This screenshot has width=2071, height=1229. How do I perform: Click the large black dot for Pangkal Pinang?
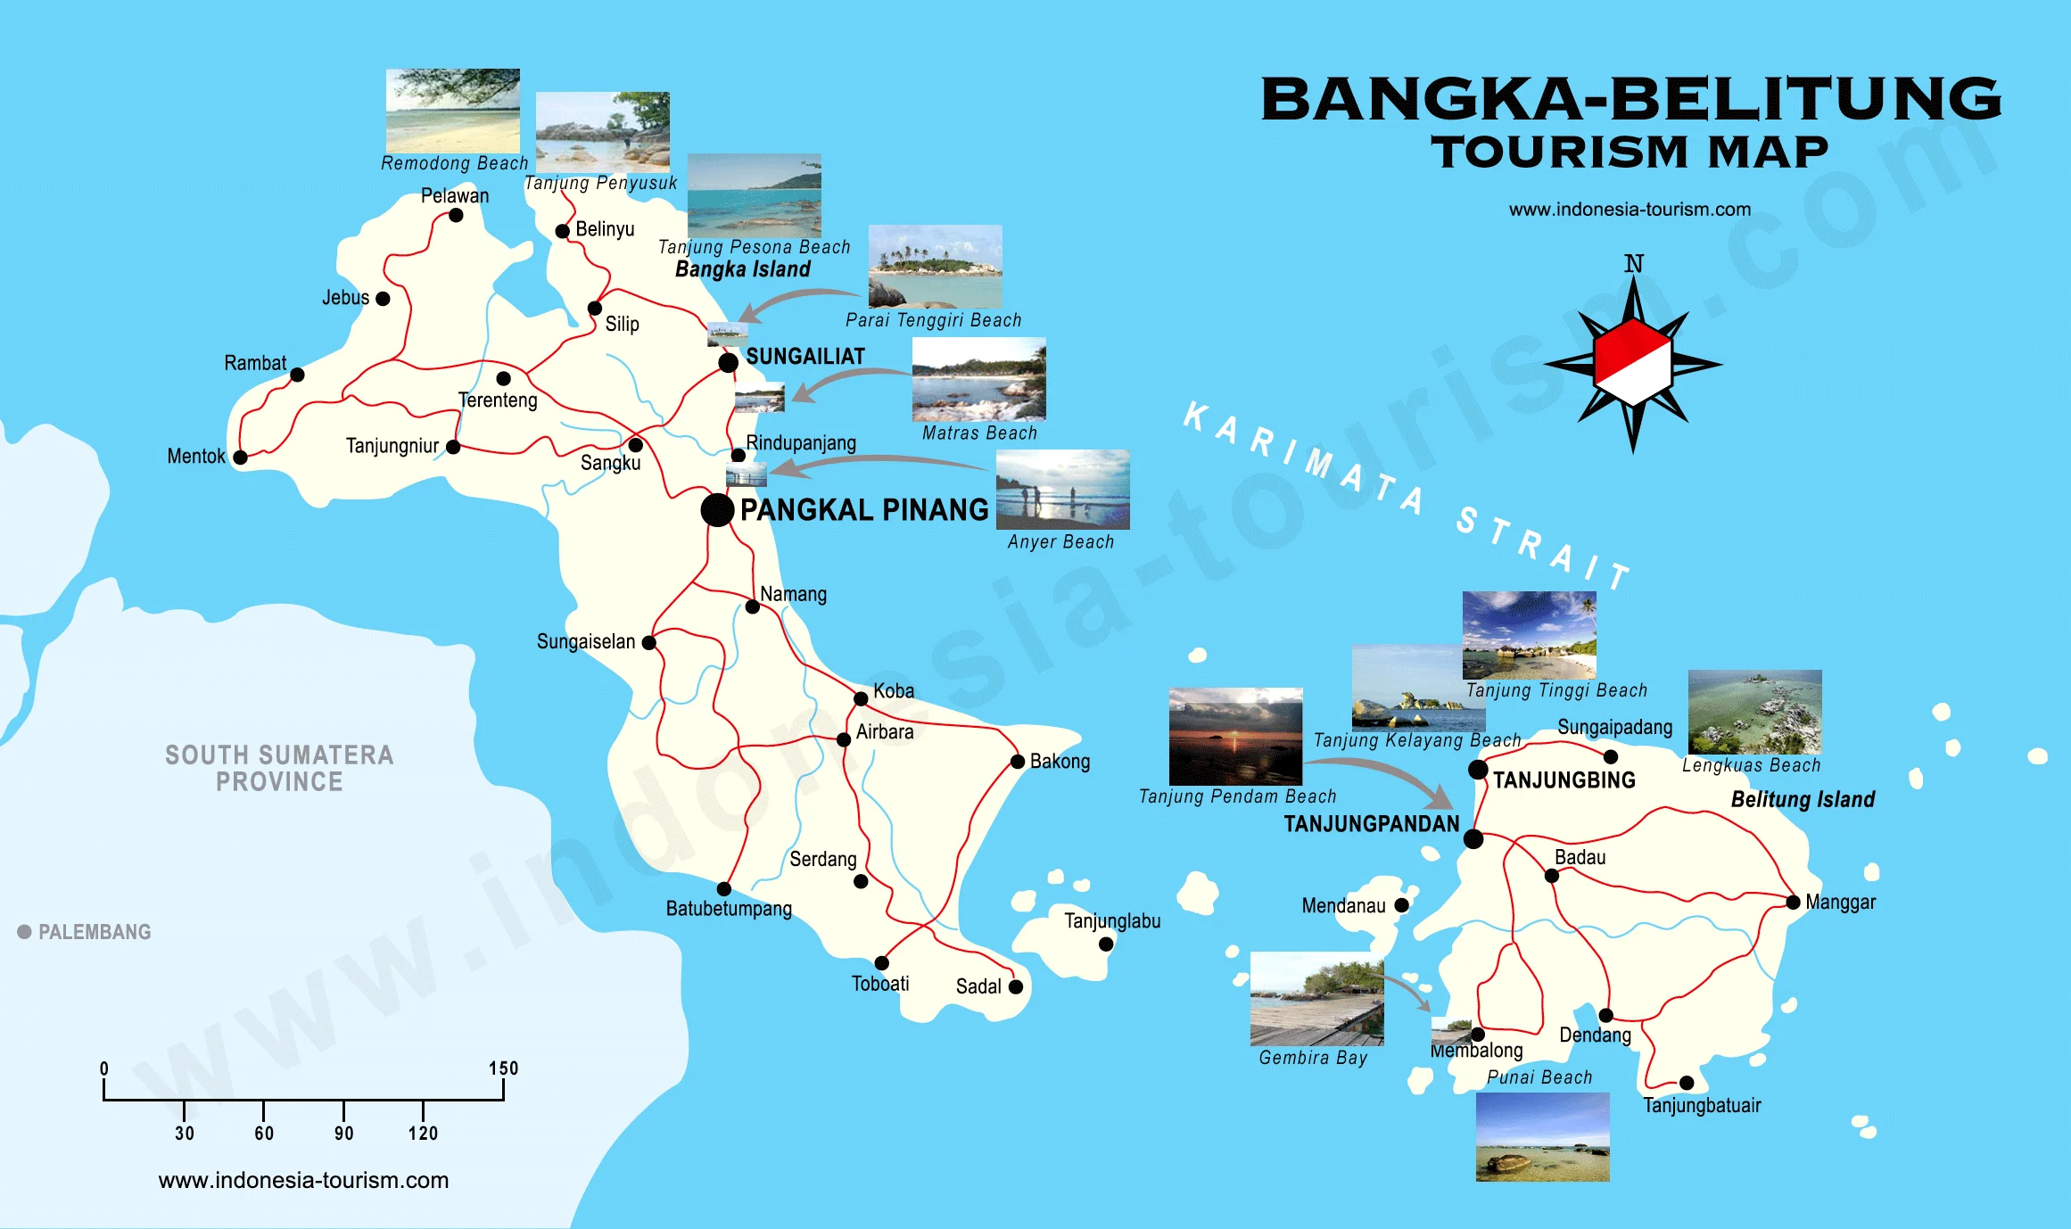tap(717, 510)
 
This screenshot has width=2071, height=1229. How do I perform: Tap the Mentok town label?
tap(196, 457)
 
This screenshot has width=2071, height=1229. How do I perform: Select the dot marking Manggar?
tap(1793, 903)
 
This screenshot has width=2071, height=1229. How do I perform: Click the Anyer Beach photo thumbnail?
tap(1062, 490)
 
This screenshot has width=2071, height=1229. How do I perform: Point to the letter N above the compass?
tap(1633, 264)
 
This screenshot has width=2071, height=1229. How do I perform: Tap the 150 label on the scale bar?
tap(503, 1068)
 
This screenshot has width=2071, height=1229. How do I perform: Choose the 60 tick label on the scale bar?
tap(264, 1134)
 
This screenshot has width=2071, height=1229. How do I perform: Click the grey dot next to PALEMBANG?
tap(25, 932)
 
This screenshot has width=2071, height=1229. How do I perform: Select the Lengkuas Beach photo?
tap(1754, 712)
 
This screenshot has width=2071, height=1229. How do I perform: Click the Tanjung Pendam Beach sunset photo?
tap(1235, 736)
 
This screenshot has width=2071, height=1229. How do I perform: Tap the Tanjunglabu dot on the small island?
tap(1106, 944)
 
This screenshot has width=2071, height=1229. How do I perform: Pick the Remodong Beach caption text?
tap(454, 163)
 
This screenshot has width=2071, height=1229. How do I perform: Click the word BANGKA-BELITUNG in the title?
tap(1630, 100)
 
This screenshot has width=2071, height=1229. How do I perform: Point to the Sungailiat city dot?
tap(728, 362)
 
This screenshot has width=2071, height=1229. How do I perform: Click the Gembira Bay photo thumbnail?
tap(1316, 999)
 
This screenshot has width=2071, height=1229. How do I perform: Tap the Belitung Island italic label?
tap(1803, 799)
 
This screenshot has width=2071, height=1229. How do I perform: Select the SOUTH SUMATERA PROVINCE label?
tap(279, 768)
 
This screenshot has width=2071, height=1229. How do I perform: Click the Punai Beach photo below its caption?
tap(1542, 1137)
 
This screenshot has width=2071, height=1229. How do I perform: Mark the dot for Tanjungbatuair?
tap(1687, 1083)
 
